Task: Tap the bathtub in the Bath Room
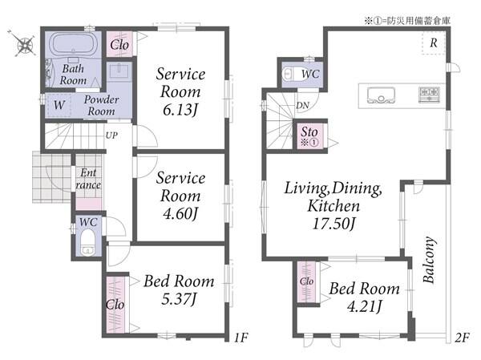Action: pyautogui.click(x=73, y=45)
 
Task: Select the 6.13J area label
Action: pyautogui.click(x=180, y=110)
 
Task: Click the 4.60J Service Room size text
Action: pyautogui.click(x=180, y=213)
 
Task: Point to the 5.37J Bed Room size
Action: pyautogui.click(x=179, y=299)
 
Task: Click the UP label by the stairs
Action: pyautogui.click(x=111, y=135)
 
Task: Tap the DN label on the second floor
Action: pyautogui.click(x=302, y=106)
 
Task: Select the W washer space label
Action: pyautogui.click(x=59, y=105)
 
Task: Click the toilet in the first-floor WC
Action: pyautogui.click(x=88, y=242)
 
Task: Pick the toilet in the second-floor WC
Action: pyautogui.click(x=293, y=74)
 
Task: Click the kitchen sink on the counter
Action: pyautogui.click(x=381, y=95)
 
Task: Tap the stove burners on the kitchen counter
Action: pyautogui.click(x=430, y=95)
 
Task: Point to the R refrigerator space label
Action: pyautogui.click(x=434, y=42)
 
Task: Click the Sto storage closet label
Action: pyautogui.click(x=309, y=132)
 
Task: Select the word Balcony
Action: pyautogui.click(x=429, y=260)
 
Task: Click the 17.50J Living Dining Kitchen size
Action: pyautogui.click(x=333, y=224)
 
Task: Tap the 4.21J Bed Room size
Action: pyautogui.click(x=365, y=306)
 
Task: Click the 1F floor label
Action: pyautogui.click(x=241, y=338)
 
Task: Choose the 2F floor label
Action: pyautogui.click(x=462, y=338)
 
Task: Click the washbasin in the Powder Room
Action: pyautogui.click(x=119, y=71)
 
